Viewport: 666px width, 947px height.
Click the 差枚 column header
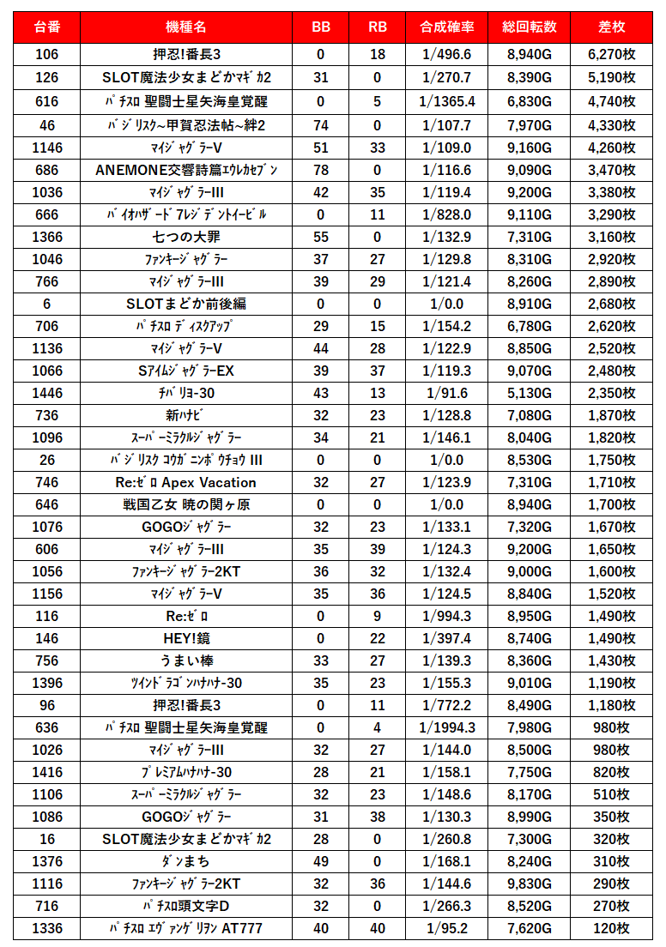coord(611,27)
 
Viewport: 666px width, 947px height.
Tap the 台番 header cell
coord(47,27)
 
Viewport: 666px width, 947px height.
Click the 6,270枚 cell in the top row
coord(611,55)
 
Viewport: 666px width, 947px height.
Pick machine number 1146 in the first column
coord(47,148)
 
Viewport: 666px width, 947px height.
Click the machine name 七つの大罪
coord(186,237)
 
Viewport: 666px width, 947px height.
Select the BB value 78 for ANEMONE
coord(321,170)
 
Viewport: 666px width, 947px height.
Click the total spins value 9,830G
coord(529,884)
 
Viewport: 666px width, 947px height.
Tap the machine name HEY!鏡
coord(186,638)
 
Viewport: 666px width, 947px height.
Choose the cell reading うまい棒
coord(186,660)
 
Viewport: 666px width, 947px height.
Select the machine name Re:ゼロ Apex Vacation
coord(186,482)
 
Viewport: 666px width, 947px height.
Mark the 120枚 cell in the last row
coord(611,928)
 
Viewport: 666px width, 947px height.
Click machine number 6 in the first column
coord(47,304)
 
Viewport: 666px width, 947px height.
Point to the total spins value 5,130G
coord(529,393)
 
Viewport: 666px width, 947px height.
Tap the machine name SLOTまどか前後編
coord(186,304)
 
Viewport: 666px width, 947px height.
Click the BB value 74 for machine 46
coord(321,125)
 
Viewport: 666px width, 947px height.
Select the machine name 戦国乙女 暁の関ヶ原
coord(186,504)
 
